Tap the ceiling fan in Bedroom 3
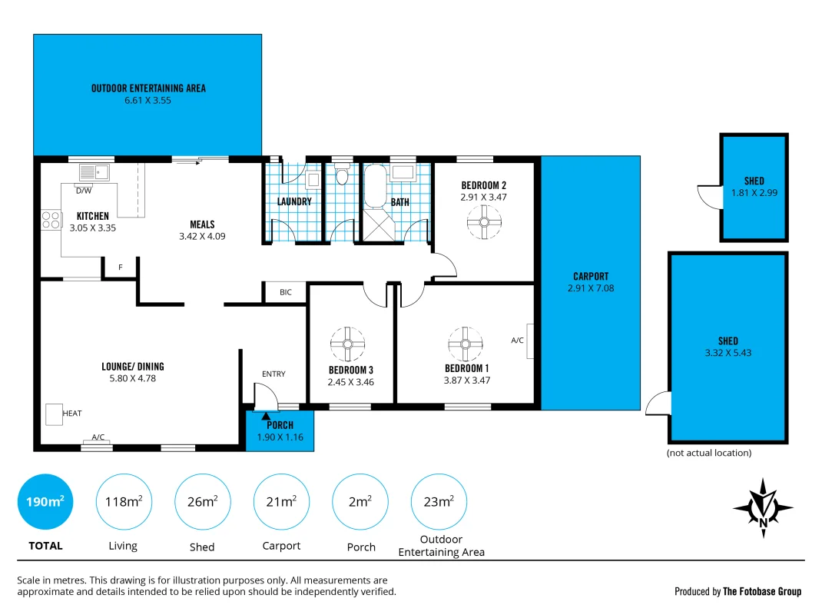[347, 344]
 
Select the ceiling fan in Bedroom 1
[465, 344]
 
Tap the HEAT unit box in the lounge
[54, 414]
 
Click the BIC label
[286, 292]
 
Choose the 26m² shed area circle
[203, 502]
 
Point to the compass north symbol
[763, 507]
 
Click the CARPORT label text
[591, 277]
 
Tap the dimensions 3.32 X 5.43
[728, 354]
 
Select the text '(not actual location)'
[708, 453]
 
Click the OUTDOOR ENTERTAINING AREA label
[148, 88]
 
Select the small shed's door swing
[708, 196]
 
